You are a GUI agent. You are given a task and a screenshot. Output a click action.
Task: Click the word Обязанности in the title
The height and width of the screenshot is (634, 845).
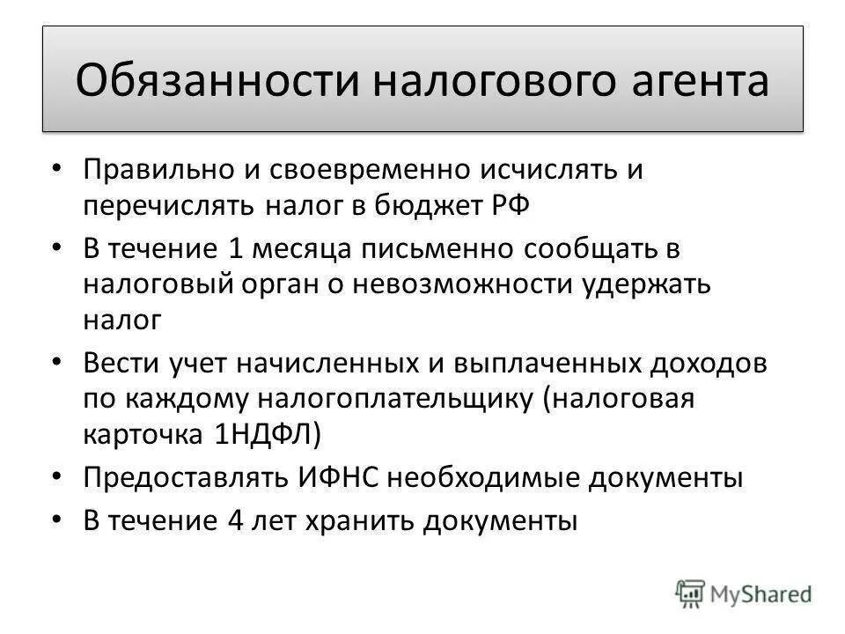[212, 80]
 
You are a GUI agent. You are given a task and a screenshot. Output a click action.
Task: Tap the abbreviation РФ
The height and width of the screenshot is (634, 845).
[510, 205]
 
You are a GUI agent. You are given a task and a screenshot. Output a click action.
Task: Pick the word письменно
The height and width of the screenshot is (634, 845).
[430, 249]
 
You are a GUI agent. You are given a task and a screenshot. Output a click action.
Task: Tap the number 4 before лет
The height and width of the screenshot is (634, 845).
[234, 520]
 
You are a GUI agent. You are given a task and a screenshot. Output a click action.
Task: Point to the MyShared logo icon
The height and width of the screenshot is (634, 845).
[692, 591]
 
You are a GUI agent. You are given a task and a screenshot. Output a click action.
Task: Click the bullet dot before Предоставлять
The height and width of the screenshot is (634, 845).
[57, 475]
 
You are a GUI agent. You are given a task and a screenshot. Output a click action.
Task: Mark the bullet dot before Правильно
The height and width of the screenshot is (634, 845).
[57, 167]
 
